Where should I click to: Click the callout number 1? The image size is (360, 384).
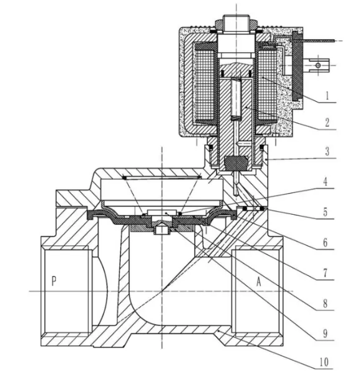(x=327, y=96)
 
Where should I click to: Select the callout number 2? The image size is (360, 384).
(x=327, y=122)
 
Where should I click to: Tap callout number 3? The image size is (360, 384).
(x=327, y=152)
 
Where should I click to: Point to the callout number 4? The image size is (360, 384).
(x=325, y=182)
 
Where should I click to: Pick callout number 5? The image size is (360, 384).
(x=325, y=212)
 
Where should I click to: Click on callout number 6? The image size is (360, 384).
(x=325, y=243)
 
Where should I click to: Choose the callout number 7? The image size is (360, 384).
(x=325, y=273)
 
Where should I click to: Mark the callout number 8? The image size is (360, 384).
(x=325, y=303)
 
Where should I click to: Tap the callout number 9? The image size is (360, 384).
(x=325, y=333)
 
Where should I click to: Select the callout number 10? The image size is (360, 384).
(x=324, y=362)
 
